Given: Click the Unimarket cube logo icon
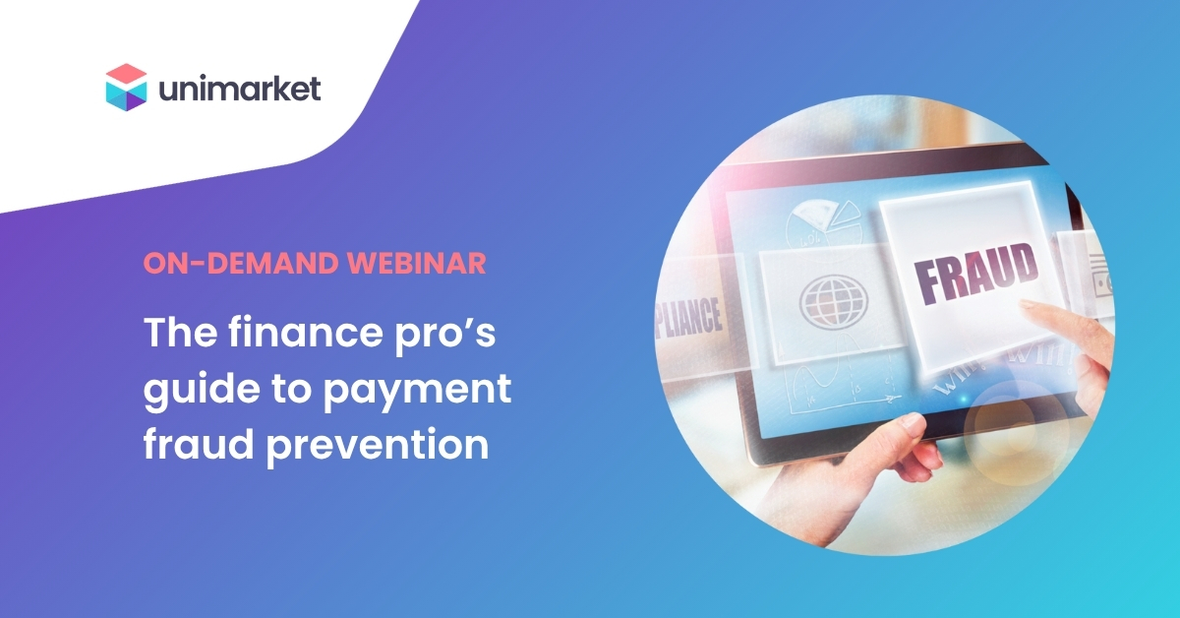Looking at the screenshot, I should pyautogui.click(x=126, y=88).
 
